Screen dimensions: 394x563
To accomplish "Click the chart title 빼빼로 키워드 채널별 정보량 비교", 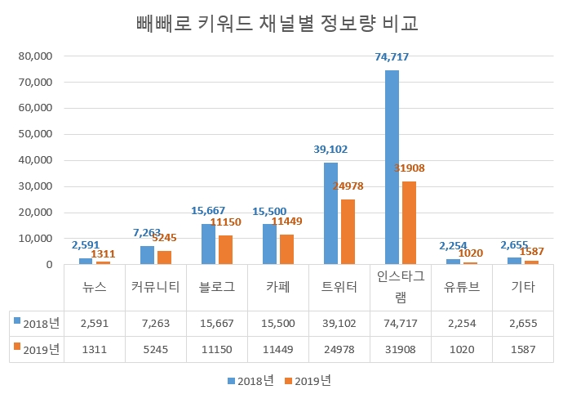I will click(x=277, y=23).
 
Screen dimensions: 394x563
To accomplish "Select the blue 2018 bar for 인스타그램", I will click(x=392, y=168).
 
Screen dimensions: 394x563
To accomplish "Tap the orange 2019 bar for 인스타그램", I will click(x=409, y=222).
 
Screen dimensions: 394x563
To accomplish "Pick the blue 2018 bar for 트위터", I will click(x=330, y=213).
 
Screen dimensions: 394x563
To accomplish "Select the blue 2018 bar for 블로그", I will click(x=209, y=244).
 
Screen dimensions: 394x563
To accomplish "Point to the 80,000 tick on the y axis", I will click(x=34, y=56).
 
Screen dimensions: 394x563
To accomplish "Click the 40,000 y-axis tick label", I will click(x=34, y=160).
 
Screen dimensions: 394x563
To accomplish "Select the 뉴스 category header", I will click(x=95, y=287).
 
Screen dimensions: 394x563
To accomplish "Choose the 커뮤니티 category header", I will click(x=156, y=287).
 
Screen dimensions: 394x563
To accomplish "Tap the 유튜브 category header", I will click(x=462, y=287).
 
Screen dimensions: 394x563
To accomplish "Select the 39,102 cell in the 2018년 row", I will click(x=339, y=323).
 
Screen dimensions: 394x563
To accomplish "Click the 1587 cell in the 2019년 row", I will click(x=523, y=349).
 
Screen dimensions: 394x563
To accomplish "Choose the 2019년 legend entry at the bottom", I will click(x=308, y=380).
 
